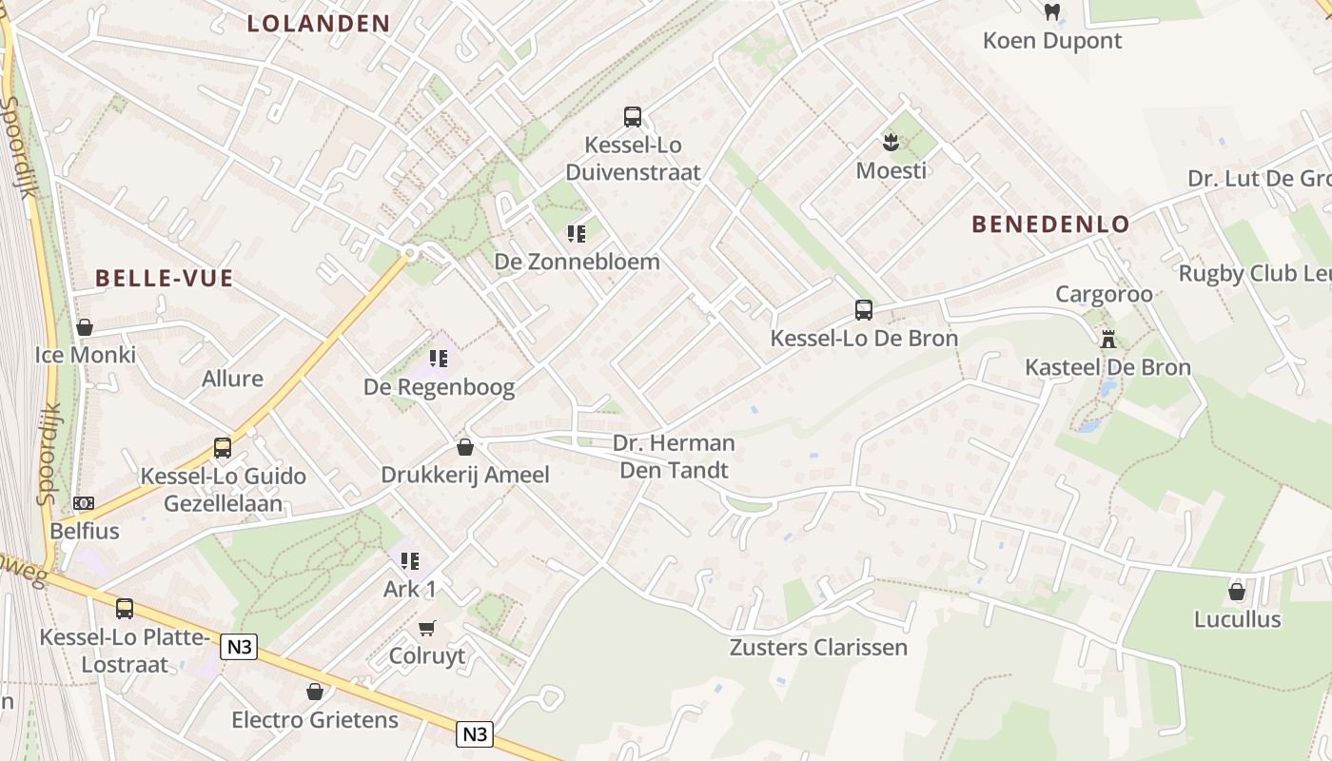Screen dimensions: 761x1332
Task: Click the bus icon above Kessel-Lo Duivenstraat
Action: (x=633, y=117)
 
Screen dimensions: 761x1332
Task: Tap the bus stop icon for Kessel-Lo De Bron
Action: (x=863, y=310)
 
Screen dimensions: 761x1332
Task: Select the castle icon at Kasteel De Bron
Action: (x=1108, y=339)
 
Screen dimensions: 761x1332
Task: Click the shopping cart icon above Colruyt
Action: (x=427, y=628)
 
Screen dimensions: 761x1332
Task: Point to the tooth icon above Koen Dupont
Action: (x=1051, y=12)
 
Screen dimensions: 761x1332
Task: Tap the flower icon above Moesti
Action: (x=891, y=143)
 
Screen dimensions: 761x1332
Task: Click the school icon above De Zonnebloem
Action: (x=576, y=233)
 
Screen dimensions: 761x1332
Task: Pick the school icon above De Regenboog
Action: (x=439, y=359)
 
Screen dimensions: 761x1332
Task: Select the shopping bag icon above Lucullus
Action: (x=1237, y=592)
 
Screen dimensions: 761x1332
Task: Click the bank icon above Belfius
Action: (x=84, y=502)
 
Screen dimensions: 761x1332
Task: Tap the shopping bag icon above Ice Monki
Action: (x=85, y=327)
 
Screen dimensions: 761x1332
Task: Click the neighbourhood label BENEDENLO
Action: (x=1050, y=224)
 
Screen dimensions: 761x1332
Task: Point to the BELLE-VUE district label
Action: (x=165, y=279)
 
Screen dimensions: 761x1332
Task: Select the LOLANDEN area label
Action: (x=319, y=24)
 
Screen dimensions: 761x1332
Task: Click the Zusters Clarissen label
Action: (x=818, y=648)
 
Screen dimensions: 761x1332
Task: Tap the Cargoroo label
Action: (x=1104, y=294)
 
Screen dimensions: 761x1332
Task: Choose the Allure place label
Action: (x=232, y=379)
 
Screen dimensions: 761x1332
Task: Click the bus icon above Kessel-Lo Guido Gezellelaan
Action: (x=223, y=447)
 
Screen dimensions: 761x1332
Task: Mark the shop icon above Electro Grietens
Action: (x=315, y=692)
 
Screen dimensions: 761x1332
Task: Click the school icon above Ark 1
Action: (x=410, y=561)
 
